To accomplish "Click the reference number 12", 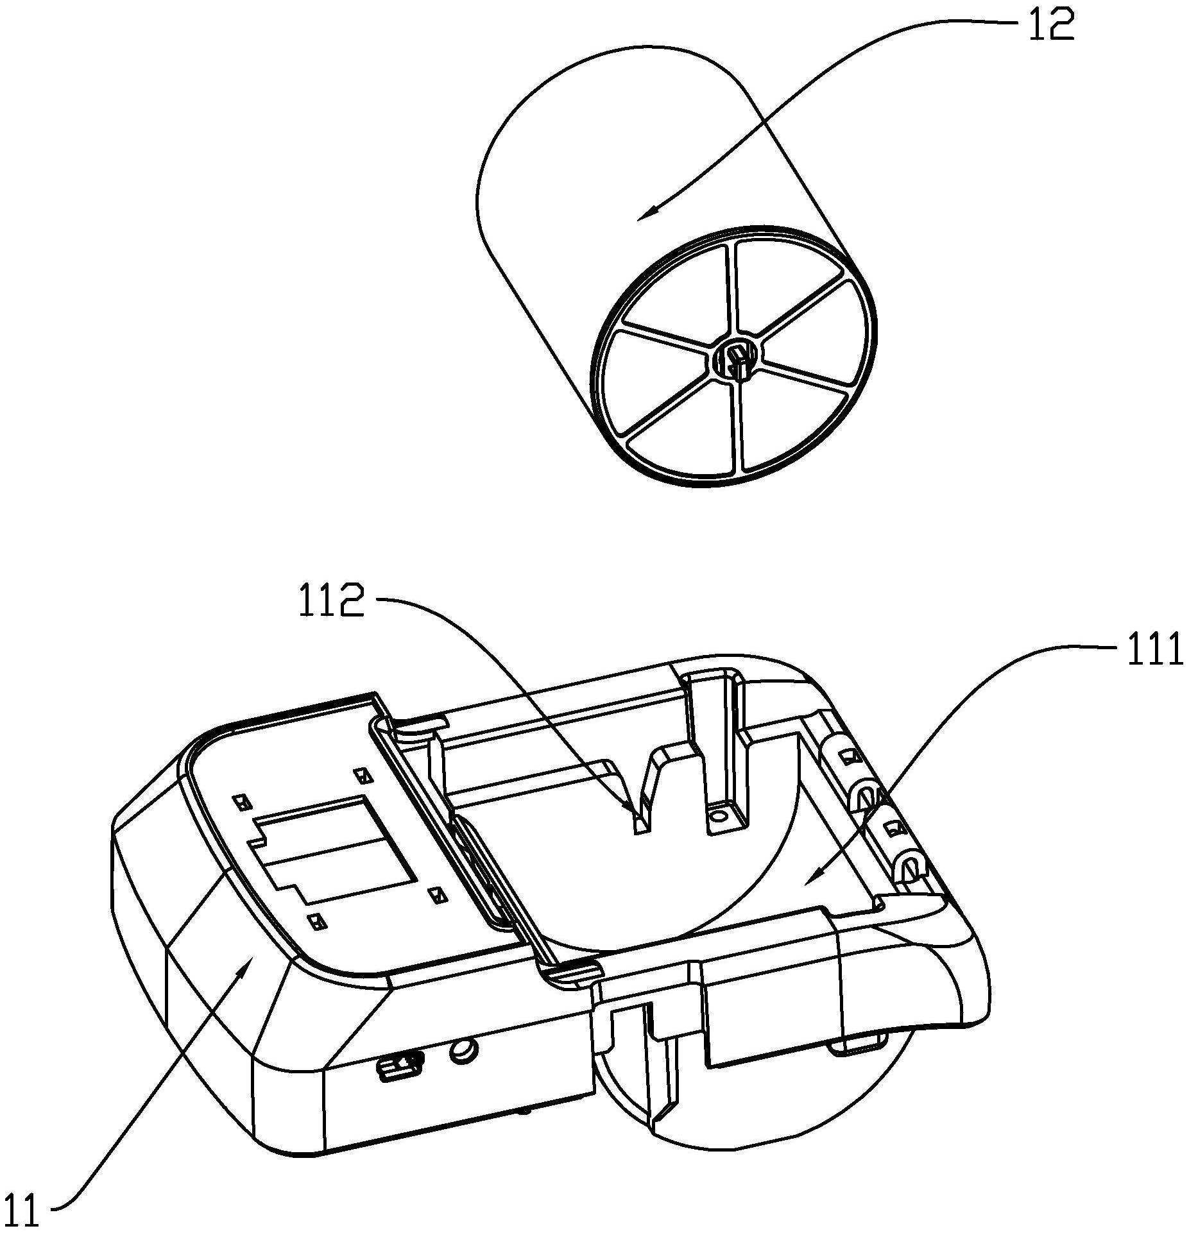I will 1051,26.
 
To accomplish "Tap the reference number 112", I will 331,604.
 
